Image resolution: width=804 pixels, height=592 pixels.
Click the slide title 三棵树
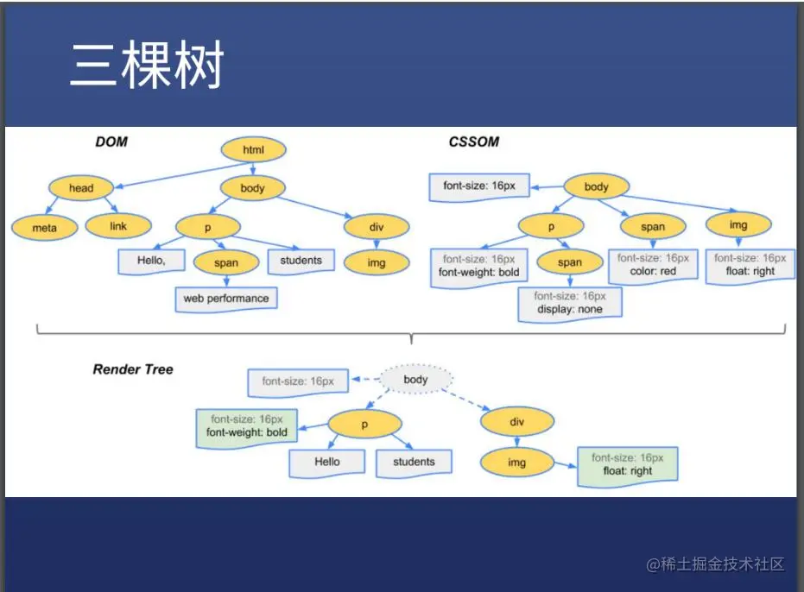click(x=147, y=66)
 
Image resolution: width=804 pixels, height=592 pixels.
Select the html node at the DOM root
click(x=253, y=150)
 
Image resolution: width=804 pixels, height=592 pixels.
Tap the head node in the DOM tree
click(x=81, y=188)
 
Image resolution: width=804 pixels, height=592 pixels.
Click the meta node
click(x=44, y=228)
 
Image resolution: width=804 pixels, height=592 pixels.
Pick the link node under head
click(x=118, y=226)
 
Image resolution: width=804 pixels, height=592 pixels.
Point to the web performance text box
click(x=226, y=299)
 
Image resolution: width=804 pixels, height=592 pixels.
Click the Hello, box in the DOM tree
click(x=150, y=260)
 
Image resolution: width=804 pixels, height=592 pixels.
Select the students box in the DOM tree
click(x=301, y=261)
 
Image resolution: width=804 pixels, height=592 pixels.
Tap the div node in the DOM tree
click(x=376, y=226)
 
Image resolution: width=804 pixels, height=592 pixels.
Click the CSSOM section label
click(x=473, y=142)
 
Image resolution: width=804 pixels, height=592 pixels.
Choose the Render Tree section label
click(x=133, y=369)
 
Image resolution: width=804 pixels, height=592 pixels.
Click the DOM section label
click(x=111, y=142)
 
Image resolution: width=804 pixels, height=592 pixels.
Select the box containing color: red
click(x=653, y=265)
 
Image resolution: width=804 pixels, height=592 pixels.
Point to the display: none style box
click(x=570, y=303)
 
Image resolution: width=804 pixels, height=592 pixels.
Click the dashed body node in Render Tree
click(x=415, y=380)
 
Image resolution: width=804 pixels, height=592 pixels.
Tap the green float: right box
click(x=628, y=464)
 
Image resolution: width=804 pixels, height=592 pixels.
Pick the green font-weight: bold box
click(x=247, y=425)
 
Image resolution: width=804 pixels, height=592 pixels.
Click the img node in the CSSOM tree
click(x=738, y=225)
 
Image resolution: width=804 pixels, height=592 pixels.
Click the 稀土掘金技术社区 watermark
click(x=716, y=564)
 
